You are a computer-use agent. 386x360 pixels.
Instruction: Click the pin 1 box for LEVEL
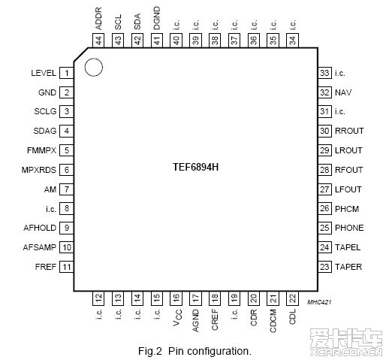pyautogui.click(x=66, y=73)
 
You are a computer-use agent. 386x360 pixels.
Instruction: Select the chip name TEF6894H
pyautogui.click(x=195, y=167)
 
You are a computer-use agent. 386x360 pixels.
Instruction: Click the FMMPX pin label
pyautogui.click(x=41, y=150)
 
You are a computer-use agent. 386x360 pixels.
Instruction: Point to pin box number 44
pyautogui.click(x=98, y=41)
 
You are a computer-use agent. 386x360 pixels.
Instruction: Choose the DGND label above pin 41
pyautogui.click(x=157, y=18)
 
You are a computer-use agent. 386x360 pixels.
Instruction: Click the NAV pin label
pyautogui.click(x=343, y=92)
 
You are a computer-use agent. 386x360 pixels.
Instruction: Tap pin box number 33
pyautogui.click(x=324, y=73)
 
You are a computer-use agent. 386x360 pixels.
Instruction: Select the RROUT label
pyautogui.click(x=349, y=131)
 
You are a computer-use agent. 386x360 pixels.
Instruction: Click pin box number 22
pyautogui.click(x=292, y=298)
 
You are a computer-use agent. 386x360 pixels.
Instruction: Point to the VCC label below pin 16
pyautogui.click(x=177, y=318)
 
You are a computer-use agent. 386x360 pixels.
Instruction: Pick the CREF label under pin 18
pyautogui.click(x=215, y=319)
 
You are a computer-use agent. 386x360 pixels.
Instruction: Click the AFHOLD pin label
pyautogui.click(x=40, y=228)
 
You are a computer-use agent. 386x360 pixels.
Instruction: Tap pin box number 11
pyautogui.click(x=66, y=267)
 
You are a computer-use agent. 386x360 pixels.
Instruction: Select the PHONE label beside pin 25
pyautogui.click(x=349, y=228)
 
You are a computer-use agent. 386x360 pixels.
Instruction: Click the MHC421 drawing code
pyautogui.click(x=319, y=302)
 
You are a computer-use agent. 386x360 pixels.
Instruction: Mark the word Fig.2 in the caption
pyautogui.click(x=150, y=351)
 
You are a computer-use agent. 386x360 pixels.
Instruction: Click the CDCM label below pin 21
pyautogui.click(x=273, y=321)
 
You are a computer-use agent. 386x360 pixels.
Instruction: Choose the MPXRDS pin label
pyautogui.click(x=39, y=170)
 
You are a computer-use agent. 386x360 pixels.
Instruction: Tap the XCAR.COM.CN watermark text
pyautogui.click(x=346, y=352)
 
